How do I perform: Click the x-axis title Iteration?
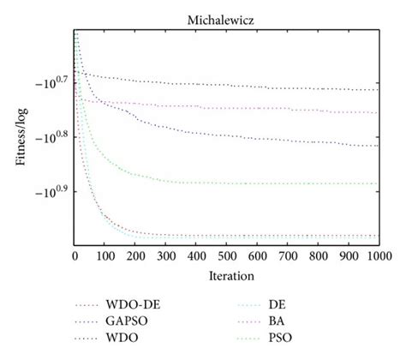(226, 278)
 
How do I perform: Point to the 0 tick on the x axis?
(75, 256)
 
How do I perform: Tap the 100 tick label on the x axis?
(106, 256)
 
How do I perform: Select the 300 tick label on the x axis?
(166, 256)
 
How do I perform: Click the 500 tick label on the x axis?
(227, 256)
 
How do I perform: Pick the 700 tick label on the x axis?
(288, 256)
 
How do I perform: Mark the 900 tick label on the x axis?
(348, 256)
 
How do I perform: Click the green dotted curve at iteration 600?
(257, 183)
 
